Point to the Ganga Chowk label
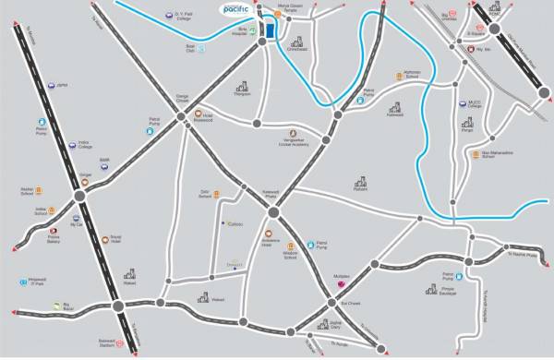[184, 95]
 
